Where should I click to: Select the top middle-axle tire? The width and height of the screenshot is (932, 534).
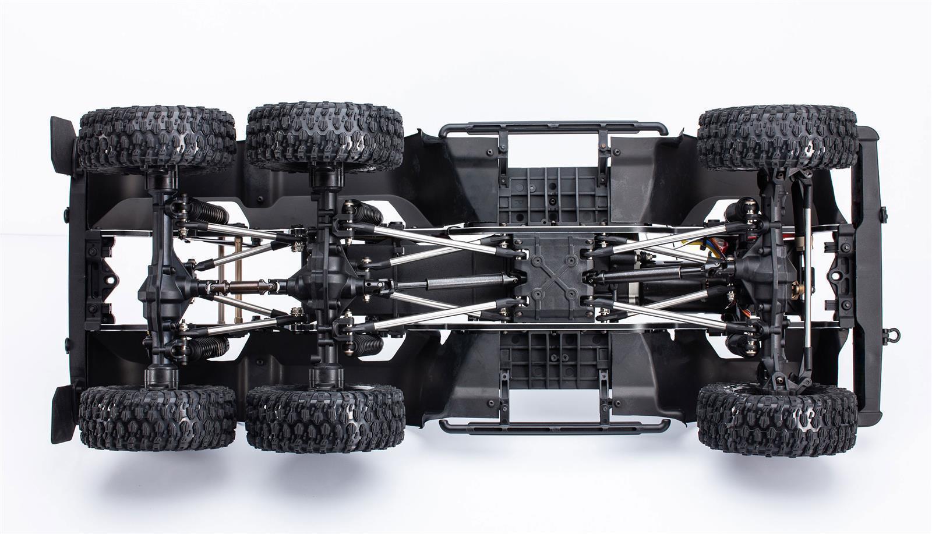[324, 135]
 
